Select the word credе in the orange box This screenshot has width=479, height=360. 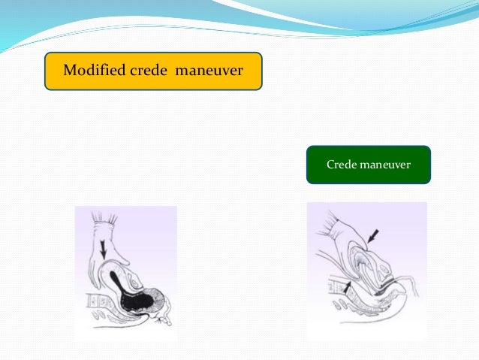pyautogui.click(x=149, y=71)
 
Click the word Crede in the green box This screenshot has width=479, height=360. pyautogui.click(x=341, y=164)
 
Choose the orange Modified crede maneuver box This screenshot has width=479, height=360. pyautogui.click(x=153, y=71)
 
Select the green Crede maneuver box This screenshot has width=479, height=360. pyautogui.click(x=368, y=165)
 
